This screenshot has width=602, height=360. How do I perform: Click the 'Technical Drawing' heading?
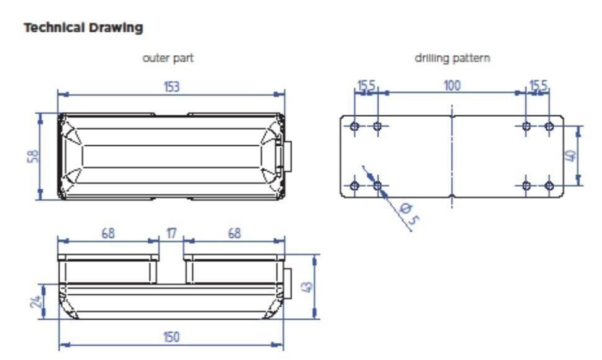(83, 28)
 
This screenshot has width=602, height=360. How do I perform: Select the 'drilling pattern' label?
(452, 58)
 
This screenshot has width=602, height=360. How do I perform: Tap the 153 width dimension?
(172, 87)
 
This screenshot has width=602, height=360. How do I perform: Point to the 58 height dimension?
(34, 156)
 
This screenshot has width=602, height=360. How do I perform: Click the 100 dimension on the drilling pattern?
(452, 86)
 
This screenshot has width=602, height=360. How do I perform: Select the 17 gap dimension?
(171, 233)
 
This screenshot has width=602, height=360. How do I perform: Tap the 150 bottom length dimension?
(171, 337)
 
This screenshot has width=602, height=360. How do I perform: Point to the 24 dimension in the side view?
(35, 302)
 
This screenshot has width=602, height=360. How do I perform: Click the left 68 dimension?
(108, 233)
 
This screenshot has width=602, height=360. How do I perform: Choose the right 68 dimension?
(234, 233)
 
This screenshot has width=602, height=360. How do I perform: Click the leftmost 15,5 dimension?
(366, 86)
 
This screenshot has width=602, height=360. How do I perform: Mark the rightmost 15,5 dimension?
(537, 86)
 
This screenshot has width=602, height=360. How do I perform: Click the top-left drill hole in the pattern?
(354, 127)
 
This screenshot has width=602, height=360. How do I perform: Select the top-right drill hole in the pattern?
(549, 127)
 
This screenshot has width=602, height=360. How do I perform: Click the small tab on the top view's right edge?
(287, 156)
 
